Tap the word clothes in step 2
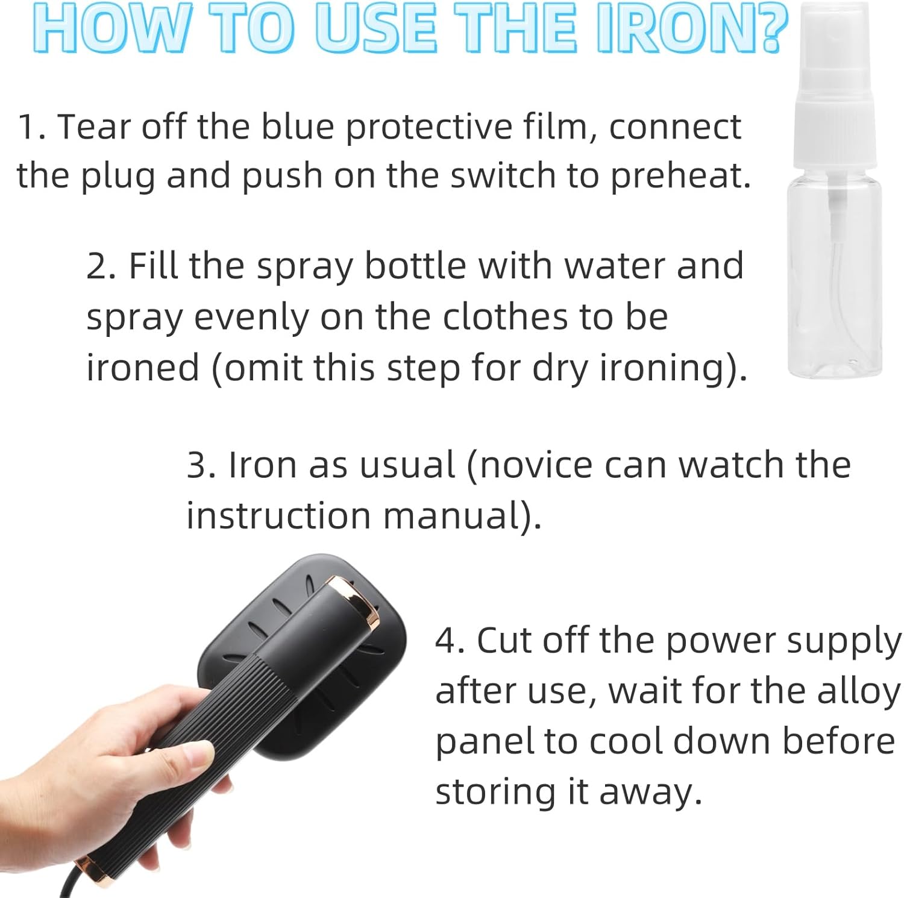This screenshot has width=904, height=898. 501,317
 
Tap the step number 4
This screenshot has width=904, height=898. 450,641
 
